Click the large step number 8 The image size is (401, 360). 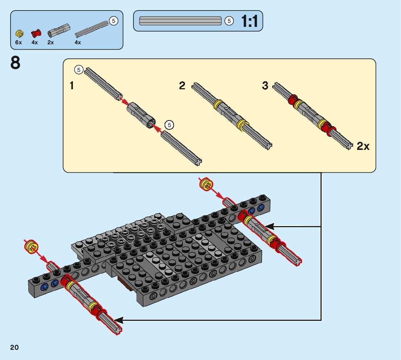(15, 63)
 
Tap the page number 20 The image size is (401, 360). (15, 347)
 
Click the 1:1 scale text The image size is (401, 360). (249, 21)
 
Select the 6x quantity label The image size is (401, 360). (18, 42)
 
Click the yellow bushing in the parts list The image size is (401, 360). (20, 33)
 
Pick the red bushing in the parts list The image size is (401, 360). (36, 33)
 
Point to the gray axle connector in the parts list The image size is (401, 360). (59, 30)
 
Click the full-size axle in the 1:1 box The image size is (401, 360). (180, 21)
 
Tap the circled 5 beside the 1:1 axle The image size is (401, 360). (229, 21)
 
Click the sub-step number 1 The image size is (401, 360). (72, 85)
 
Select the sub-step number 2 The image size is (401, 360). (182, 85)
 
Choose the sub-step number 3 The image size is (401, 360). (265, 85)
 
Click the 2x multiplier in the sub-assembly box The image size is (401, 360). (363, 146)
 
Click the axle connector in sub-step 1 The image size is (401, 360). (141, 115)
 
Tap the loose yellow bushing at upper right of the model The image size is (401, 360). (206, 184)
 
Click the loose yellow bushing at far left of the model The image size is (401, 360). (32, 247)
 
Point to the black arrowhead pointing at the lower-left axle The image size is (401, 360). (119, 320)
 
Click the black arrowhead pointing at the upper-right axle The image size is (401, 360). (269, 226)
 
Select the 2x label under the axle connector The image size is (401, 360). (51, 42)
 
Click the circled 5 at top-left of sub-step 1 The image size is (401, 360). (79, 70)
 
